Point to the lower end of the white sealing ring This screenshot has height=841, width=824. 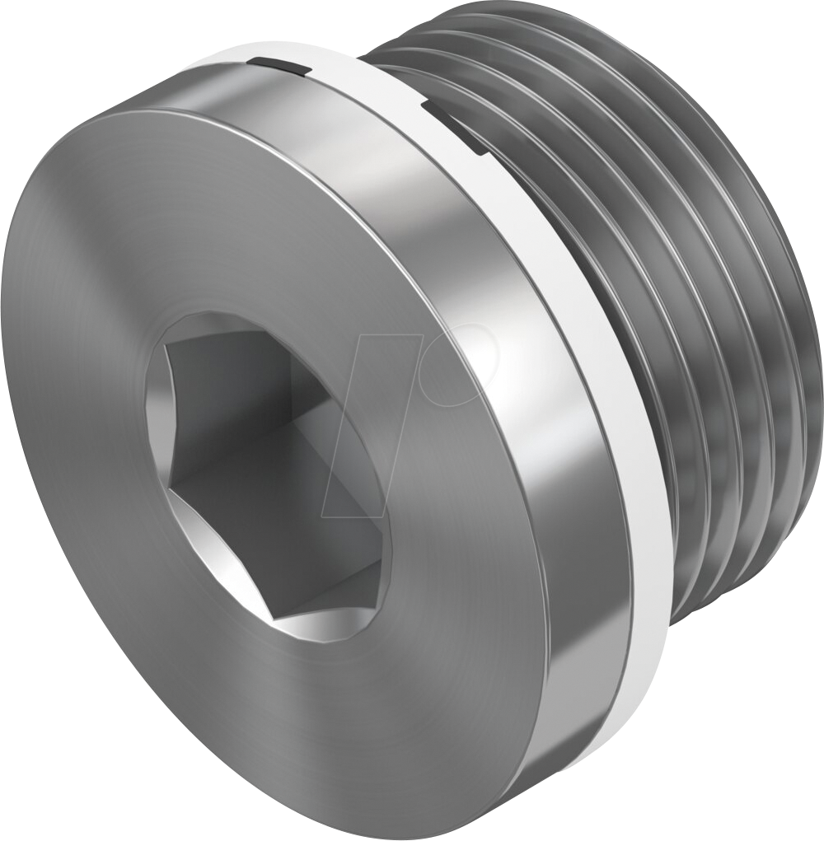click(618, 725)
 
